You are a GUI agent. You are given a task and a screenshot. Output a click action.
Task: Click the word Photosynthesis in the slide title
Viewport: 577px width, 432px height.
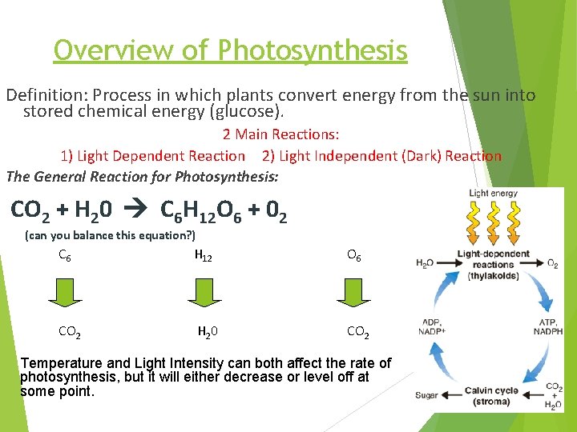coord(313,51)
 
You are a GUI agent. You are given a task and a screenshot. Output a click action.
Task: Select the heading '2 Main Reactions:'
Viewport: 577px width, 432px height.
coord(280,134)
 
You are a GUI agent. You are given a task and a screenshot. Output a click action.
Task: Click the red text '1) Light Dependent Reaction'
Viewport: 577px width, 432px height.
coord(153,156)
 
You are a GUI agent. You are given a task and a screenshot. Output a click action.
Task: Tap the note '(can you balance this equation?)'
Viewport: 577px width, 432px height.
coord(111,235)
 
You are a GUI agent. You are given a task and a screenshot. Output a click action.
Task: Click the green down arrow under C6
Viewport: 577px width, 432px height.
coord(65,293)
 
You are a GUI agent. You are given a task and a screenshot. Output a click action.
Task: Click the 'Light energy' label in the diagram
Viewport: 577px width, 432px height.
coord(493,193)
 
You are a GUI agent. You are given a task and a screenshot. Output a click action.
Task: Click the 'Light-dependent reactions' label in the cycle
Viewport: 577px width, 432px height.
coord(493,265)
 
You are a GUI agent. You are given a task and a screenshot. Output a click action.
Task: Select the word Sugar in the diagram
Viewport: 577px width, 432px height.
coord(426,394)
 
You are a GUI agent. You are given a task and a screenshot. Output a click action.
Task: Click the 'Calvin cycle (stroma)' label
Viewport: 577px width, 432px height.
coord(494,396)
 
